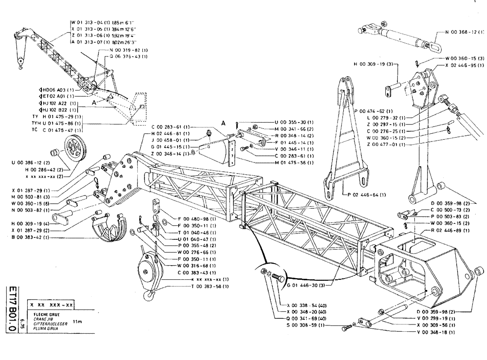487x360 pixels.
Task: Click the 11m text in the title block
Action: click(77, 322)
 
